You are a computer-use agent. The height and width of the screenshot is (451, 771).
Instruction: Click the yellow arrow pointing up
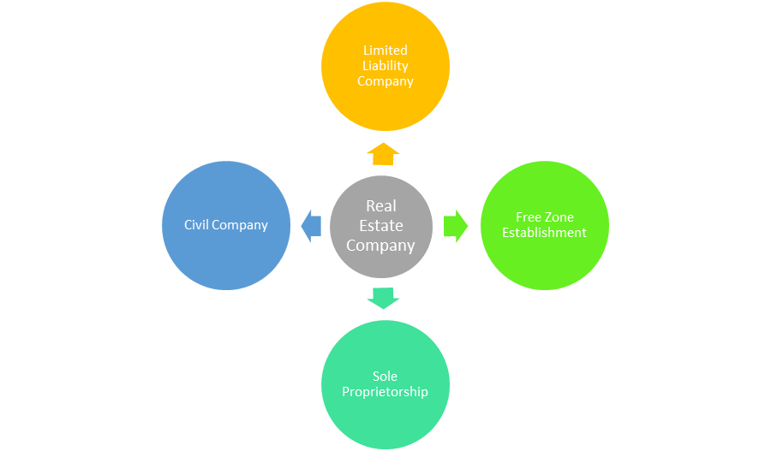click(383, 154)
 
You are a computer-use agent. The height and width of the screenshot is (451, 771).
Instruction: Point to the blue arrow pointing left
click(311, 226)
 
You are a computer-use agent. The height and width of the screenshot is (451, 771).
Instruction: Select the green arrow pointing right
click(456, 226)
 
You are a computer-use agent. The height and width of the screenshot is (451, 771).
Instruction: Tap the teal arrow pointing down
click(383, 298)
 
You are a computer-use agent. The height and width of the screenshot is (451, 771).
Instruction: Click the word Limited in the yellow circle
click(385, 50)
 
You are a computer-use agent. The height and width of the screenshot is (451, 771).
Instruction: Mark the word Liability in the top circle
click(385, 66)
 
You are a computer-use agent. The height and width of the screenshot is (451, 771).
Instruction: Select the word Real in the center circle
click(381, 206)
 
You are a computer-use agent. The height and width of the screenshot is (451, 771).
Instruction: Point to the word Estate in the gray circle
click(381, 226)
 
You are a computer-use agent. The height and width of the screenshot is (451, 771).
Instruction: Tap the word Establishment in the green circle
click(544, 233)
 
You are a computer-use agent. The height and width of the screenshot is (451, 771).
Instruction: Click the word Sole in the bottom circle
click(385, 377)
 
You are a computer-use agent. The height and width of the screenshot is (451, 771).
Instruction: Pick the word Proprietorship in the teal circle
click(385, 392)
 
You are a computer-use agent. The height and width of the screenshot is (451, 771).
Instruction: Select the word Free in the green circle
click(528, 217)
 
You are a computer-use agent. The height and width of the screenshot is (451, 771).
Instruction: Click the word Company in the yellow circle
click(385, 81)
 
